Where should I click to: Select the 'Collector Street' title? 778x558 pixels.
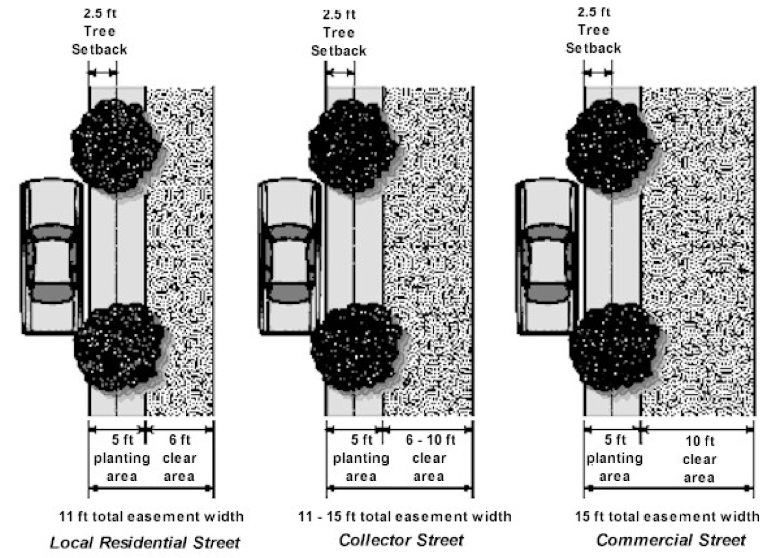click(x=401, y=540)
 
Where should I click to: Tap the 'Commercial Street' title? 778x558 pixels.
click(x=671, y=540)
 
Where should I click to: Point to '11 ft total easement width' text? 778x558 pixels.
click(x=151, y=517)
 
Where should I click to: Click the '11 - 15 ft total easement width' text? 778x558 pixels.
click(x=405, y=517)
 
